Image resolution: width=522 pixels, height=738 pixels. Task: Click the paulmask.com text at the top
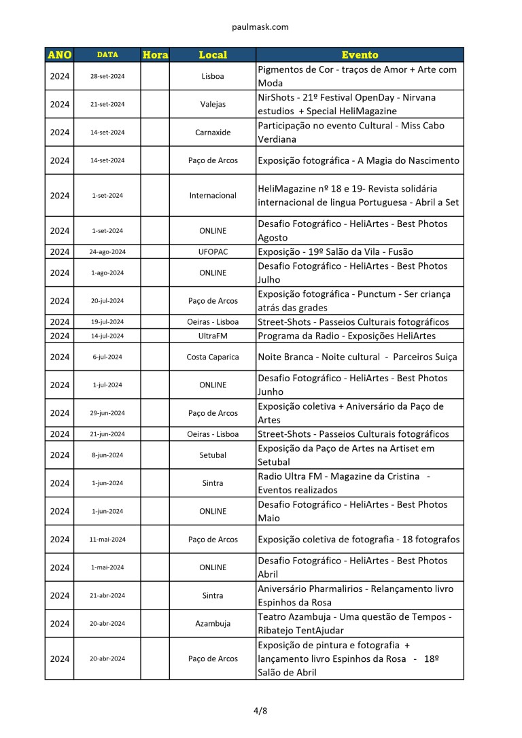[260, 27]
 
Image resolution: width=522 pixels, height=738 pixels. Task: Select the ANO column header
[60, 54]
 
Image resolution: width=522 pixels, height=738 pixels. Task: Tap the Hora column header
[155, 54]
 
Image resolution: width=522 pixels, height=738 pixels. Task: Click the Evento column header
[360, 54]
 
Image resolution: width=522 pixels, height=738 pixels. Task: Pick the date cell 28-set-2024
[107, 76]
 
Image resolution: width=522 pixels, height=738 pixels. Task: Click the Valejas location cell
[213, 104]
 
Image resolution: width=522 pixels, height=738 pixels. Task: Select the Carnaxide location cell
[213, 133]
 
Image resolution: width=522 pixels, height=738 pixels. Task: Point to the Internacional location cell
[213, 195]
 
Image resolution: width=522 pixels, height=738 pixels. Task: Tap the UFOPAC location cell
[213, 251]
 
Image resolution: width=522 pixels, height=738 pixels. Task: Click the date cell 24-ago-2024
[107, 251]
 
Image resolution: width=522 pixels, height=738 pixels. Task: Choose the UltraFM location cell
[213, 336]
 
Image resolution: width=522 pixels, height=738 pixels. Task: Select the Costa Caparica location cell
[213, 357]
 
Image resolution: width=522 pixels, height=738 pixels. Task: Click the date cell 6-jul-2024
[107, 357]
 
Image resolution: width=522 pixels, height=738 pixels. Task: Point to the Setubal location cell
[213, 455]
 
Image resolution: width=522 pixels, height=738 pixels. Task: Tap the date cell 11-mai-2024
[107, 540]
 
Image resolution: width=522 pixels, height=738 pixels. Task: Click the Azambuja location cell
[213, 623]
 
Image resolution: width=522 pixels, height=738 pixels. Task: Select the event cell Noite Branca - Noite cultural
[358, 357]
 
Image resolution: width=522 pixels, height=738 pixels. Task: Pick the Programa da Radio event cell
[347, 336]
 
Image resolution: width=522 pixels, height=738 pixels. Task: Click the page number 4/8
[260, 711]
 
